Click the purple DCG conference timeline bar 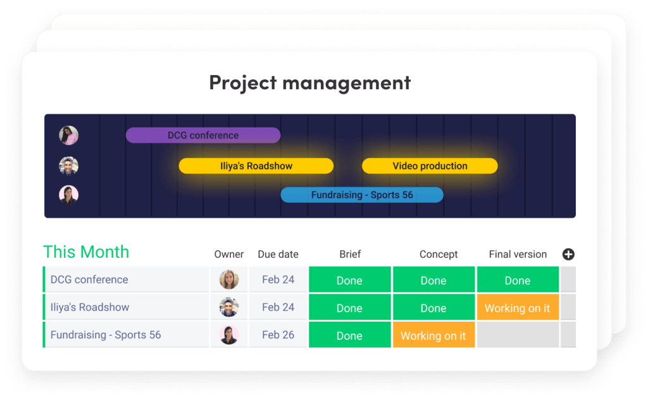(x=203, y=135)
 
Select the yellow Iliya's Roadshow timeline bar (x=256, y=166)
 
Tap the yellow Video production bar (x=430, y=166)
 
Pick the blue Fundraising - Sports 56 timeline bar (x=362, y=195)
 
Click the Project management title (x=310, y=83)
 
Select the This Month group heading (x=86, y=252)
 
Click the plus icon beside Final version (x=568, y=254)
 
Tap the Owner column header (x=229, y=254)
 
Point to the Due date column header (x=278, y=254)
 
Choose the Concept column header (x=439, y=254)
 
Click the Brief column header (x=350, y=254)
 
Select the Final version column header (x=518, y=254)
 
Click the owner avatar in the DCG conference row (x=229, y=279)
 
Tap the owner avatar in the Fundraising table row (x=229, y=335)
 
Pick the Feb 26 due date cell (x=278, y=335)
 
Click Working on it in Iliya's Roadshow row (x=518, y=307)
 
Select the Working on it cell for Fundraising (x=433, y=335)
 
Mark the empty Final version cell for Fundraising (x=518, y=335)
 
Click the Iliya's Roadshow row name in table (x=90, y=307)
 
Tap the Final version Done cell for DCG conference (x=518, y=279)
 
